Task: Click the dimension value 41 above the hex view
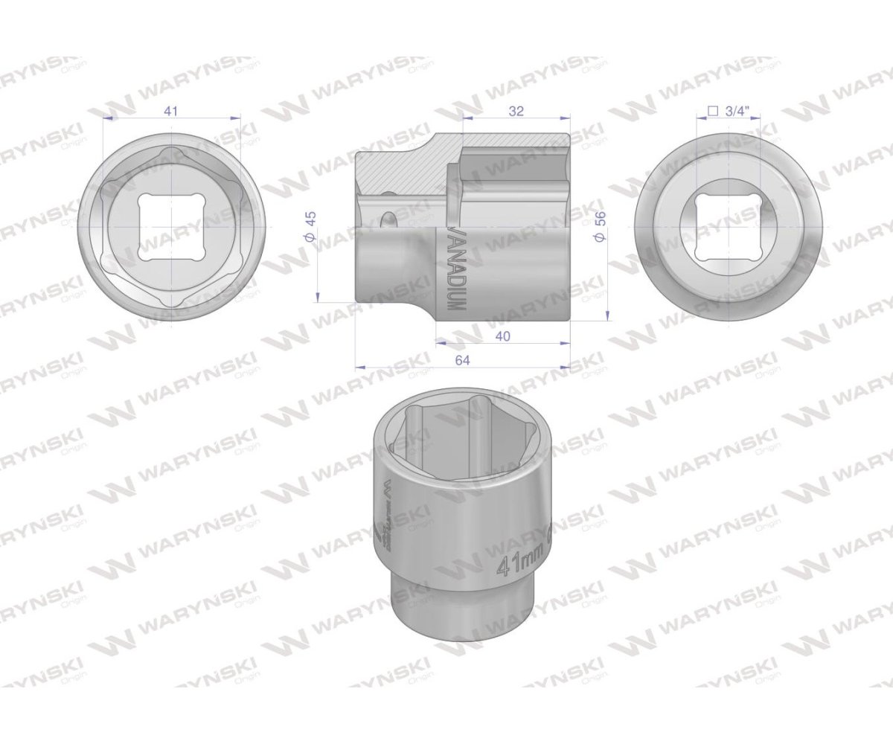[171, 110]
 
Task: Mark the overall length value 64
[462, 360]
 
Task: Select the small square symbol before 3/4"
[711, 111]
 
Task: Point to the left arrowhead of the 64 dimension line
[359, 368]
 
